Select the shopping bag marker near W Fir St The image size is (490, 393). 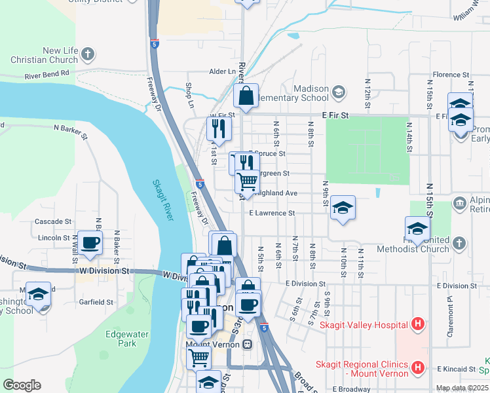[x=246, y=96]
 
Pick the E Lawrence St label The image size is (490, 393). [x=272, y=213]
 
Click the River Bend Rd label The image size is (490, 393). [x=47, y=74]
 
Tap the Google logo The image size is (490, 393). [x=22, y=385]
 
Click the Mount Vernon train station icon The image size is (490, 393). [x=248, y=344]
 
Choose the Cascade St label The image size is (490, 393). [x=53, y=221]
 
